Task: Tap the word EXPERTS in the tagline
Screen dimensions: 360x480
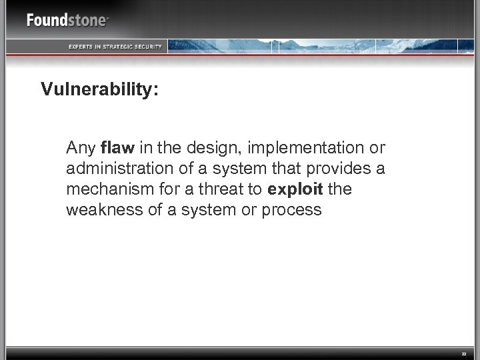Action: pos(83,46)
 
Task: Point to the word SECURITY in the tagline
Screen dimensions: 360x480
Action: pos(149,46)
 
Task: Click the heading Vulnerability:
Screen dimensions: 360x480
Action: pos(99,90)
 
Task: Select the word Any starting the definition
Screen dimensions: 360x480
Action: pos(81,146)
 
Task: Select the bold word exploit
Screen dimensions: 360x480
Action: pos(295,189)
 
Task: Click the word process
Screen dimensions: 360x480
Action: pos(293,210)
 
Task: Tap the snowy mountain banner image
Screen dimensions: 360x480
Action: pos(320,45)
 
